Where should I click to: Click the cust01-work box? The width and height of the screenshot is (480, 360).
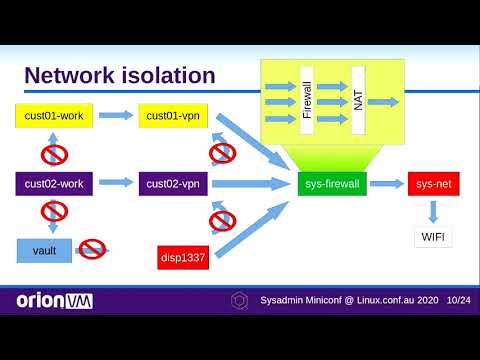[56, 116]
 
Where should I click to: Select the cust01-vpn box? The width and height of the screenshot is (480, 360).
[172, 116]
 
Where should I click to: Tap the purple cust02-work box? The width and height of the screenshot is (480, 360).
[56, 183]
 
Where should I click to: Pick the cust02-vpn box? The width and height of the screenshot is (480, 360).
[172, 183]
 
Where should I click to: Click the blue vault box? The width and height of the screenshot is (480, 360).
[45, 250]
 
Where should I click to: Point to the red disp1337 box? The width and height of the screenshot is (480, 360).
[185, 257]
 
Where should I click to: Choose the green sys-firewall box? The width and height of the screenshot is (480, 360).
[333, 183]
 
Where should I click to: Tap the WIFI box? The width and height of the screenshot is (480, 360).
[432, 237]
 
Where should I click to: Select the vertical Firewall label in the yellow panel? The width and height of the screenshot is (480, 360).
[307, 100]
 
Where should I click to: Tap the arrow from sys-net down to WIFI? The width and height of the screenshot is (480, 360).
[432, 210]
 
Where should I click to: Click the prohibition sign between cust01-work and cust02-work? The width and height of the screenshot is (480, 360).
[54, 153]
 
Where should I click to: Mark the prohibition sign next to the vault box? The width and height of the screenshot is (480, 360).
[93, 249]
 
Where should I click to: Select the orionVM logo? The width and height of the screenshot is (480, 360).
[54, 300]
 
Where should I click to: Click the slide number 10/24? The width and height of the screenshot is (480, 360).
[459, 300]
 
